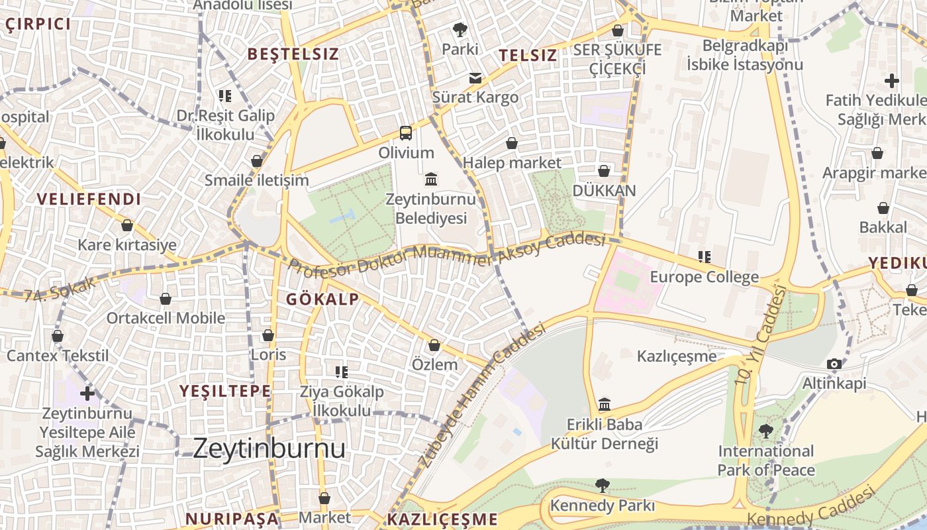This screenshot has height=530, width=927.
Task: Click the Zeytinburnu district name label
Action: click(x=269, y=449)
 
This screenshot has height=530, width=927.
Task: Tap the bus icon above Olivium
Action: click(x=406, y=133)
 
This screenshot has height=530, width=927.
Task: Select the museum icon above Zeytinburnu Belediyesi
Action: click(x=432, y=179)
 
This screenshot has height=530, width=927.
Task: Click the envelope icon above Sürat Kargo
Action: click(x=475, y=78)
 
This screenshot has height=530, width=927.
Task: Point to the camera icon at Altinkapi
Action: click(x=834, y=364)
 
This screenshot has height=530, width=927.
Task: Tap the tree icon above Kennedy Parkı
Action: click(x=602, y=486)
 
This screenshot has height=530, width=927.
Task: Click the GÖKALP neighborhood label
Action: click(x=322, y=299)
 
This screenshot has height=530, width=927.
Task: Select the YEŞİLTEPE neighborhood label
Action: click(x=225, y=391)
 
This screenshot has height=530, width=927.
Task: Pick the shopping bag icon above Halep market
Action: click(x=512, y=143)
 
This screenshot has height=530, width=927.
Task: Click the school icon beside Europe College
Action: click(x=705, y=256)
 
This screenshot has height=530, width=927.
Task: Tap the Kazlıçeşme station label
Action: click(x=676, y=356)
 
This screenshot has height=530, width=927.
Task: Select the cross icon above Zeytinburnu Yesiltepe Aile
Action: click(x=87, y=394)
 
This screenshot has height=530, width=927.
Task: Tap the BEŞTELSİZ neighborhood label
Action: click(x=293, y=54)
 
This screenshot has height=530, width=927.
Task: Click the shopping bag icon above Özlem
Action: click(x=434, y=345)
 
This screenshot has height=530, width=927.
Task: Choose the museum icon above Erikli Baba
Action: click(x=604, y=404)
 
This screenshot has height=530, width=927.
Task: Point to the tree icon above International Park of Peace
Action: click(x=765, y=431)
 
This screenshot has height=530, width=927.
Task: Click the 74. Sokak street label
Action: click(x=60, y=290)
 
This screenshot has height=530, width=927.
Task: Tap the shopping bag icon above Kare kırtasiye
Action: click(x=127, y=225)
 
